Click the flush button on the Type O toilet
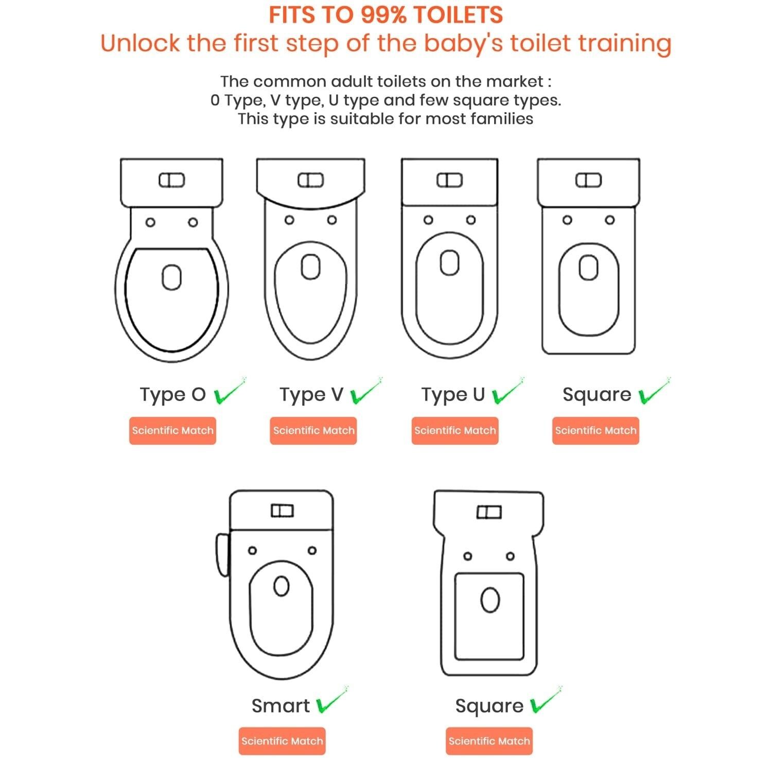(x=172, y=181)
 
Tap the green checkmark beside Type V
(x=366, y=392)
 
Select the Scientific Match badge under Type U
(x=455, y=431)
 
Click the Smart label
(x=280, y=706)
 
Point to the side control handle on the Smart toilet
(x=222, y=555)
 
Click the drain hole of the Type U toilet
(x=450, y=263)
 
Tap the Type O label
(x=173, y=395)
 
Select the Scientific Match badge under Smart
(x=282, y=741)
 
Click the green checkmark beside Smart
(x=331, y=700)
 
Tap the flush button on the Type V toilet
(x=311, y=181)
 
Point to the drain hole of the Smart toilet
(x=281, y=586)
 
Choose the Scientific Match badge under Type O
(x=172, y=431)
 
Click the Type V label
(x=311, y=395)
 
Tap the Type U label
(x=453, y=395)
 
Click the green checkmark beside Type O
(x=229, y=392)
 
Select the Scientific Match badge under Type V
(x=313, y=431)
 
